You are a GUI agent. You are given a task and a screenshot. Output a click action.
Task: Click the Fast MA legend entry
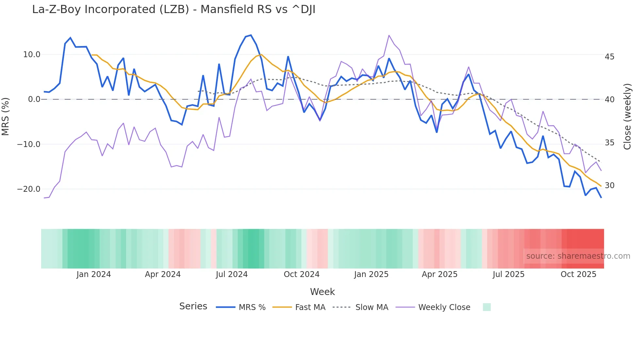[299, 307]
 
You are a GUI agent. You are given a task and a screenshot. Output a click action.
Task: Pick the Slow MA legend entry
[360, 307]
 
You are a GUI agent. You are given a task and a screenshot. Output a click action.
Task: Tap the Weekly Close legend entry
[433, 307]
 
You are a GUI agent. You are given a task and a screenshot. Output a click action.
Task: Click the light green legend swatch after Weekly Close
[487, 307]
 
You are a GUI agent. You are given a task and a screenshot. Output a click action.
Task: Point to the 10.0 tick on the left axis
[32, 55]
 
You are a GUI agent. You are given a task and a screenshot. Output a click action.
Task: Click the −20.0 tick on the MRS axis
[29, 189]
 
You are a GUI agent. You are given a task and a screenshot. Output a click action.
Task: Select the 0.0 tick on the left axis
[34, 99]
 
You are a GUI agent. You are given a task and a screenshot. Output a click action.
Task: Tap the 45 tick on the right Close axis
[609, 57]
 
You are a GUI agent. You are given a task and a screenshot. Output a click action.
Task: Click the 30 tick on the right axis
[609, 186]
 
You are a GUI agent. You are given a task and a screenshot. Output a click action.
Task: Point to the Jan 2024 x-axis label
[94, 274]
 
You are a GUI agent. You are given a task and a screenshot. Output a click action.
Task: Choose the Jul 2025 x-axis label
[508, 274]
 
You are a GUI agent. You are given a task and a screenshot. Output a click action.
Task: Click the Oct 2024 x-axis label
[301, 274]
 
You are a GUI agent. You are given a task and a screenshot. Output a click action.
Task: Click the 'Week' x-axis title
[322, 292]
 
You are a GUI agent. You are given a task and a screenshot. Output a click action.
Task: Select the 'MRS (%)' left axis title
[6, 116]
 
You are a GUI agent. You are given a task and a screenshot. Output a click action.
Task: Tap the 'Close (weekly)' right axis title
[627, 116]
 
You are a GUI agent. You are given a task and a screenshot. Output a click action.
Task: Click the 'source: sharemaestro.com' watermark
[578, 256]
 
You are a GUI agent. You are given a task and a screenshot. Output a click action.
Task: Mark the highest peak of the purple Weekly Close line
[389, 35]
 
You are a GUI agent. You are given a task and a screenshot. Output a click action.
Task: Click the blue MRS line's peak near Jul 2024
[251, 35]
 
